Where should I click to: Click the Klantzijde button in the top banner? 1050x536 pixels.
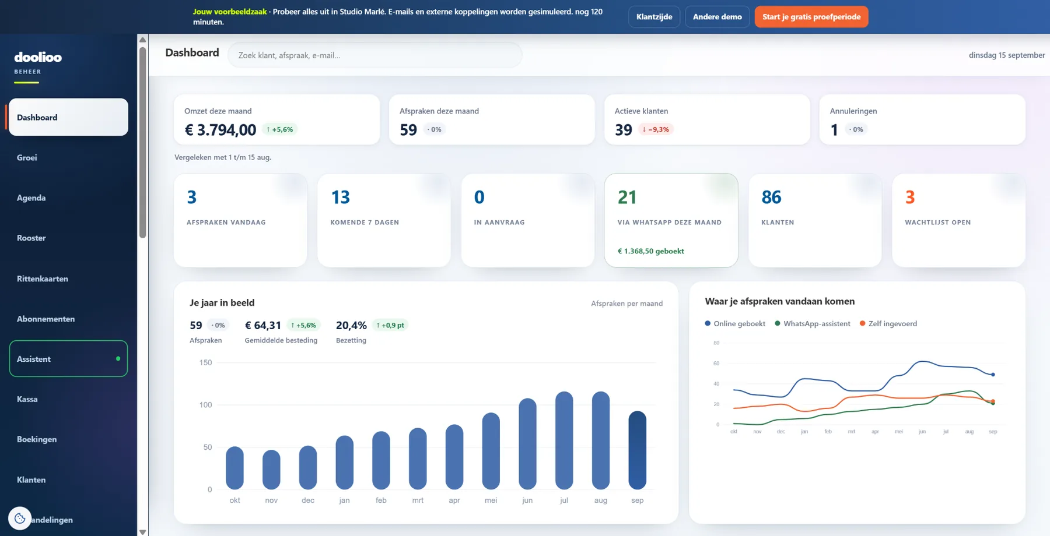[654, 17]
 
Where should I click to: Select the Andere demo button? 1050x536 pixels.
[717, 17]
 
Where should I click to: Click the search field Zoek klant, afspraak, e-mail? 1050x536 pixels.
[374, 55]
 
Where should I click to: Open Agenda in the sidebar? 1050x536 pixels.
[32, 198]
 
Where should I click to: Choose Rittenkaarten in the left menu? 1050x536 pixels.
[43, 279]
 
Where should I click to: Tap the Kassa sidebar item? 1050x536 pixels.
[27, 400]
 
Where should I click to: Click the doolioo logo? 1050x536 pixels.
[38, 57]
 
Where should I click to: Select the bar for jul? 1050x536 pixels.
[564, 440]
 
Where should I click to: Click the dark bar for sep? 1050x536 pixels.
[637, 450]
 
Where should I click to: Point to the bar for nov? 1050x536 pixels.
[271, 470]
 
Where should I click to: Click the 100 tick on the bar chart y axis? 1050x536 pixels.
[206, 405]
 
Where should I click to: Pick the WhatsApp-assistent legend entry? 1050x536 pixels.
[813, 324]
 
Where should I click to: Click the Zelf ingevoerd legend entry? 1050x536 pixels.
[888, 324]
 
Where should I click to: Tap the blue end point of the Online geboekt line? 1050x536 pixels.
[993, 375]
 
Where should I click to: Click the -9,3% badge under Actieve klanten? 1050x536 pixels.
[656, 129]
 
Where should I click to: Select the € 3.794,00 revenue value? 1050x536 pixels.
[220, 130]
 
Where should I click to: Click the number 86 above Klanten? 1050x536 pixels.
[771, 198]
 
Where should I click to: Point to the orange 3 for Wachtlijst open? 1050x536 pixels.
[910, 198]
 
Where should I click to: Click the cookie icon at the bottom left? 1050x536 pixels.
[20, 518]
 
